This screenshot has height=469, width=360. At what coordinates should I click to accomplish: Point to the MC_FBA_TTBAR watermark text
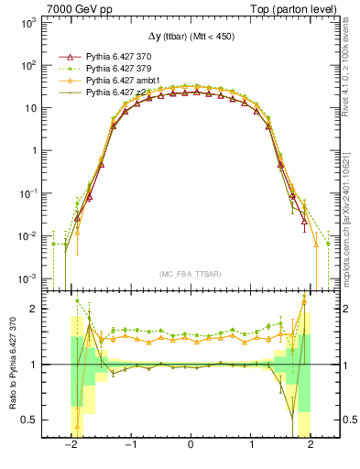click(190, 273)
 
